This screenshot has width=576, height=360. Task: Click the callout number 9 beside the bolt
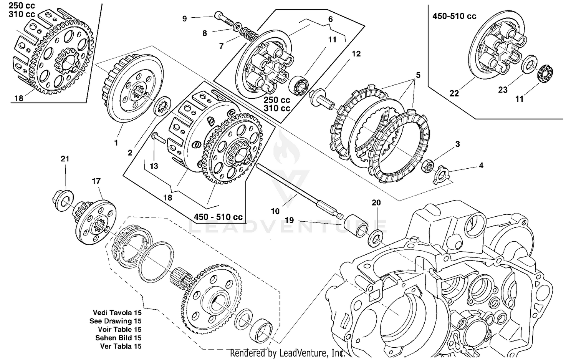pyautogui.click(x=185, y=18)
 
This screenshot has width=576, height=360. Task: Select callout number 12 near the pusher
pyautogui.click(x=356, y=54)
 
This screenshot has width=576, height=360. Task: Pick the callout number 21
pyautogui.click(x=65, y=159)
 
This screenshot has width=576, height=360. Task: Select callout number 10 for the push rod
pyautogui.click(x=275, y=211)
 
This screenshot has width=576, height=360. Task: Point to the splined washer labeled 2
pyautogui.click(x=163, y=105)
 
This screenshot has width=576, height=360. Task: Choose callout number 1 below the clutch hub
pyautogui.click(x=116, y=143)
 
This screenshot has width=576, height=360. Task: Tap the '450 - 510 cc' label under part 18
pyautogui.click(x=218, y=217)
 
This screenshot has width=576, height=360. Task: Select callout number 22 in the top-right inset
pyautogui.click(x=454, y=93)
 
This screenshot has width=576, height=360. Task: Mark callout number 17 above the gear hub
pyautogui.click(x=96, y=181)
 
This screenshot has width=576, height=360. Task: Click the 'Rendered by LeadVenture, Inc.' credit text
pyautogui.click(x=288, y=353)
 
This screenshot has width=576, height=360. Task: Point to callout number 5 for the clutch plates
pyautogui.click(x=418, y=75)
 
